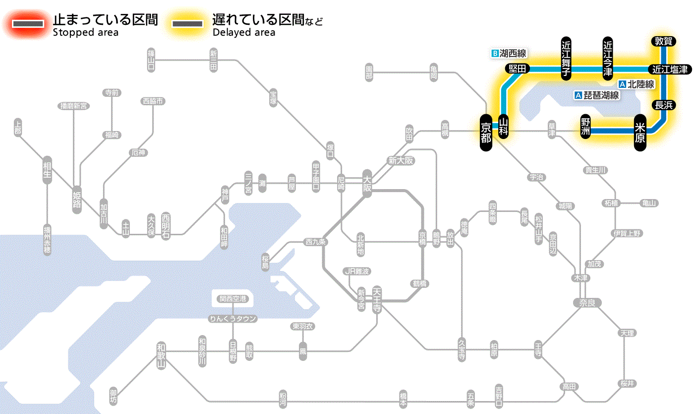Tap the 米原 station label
640,132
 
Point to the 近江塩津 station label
670,69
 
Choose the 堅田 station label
518,69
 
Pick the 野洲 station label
585,127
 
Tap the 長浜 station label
663,105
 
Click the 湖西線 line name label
509,53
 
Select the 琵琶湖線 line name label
597,95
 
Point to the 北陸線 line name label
636,84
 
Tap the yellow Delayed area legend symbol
187,24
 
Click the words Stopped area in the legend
85,33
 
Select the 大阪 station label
367,183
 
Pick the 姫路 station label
77,199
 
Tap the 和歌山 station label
161,355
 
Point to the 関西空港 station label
233,299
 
